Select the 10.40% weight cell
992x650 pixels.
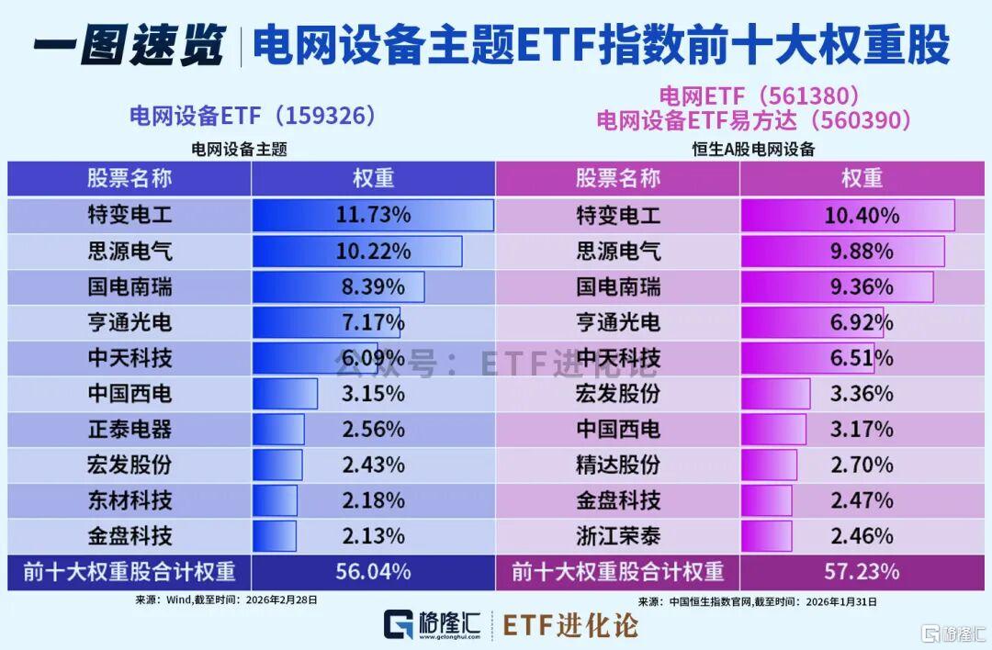click(862, 216)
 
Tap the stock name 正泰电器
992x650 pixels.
click(130, 429)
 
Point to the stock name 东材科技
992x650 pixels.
click(130, 500)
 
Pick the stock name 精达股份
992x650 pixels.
click(618, 465)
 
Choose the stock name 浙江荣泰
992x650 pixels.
click(618, 535)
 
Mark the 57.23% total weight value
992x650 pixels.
click(862, 571)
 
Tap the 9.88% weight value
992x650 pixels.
click(862, 252)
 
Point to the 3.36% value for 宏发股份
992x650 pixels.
click(862, 394)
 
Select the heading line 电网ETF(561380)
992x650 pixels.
click(759, 95)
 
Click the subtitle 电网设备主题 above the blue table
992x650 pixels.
click(239, 149)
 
